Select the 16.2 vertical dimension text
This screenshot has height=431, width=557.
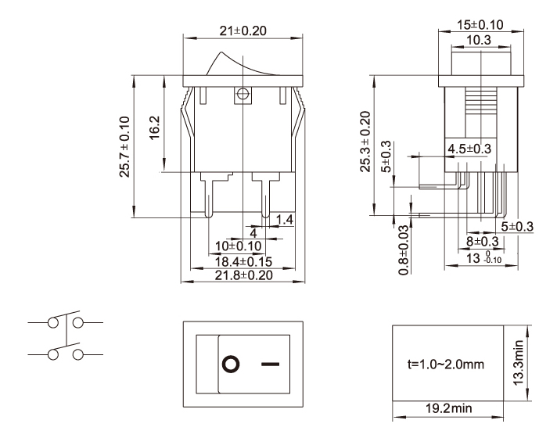pos(154,125)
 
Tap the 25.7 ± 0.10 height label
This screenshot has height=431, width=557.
pos(124,149)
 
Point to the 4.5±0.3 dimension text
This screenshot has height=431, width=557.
pos(469,148)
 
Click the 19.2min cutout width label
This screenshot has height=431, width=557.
pos(454,408)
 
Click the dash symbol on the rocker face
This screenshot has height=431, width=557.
pos(270,365)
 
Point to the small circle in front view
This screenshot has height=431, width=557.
pos(242,95)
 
